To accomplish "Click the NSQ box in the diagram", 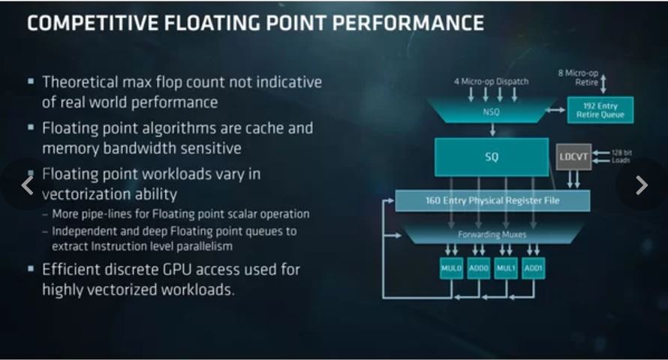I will pos(492,111).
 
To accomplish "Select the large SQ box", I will pos(492,157).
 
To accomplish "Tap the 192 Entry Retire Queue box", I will pos(600,109).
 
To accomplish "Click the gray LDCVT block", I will pos(573,157).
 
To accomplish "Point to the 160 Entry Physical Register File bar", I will pos(492,201).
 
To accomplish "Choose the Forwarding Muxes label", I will pos(492,235).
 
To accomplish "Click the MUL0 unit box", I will pos(452,268).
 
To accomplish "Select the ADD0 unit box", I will pos(479,268).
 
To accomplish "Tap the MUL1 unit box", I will pos(507,268).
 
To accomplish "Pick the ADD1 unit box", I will pos(534,268).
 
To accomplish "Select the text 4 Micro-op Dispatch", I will pos(492,81).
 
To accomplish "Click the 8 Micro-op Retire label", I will pos(582,77).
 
